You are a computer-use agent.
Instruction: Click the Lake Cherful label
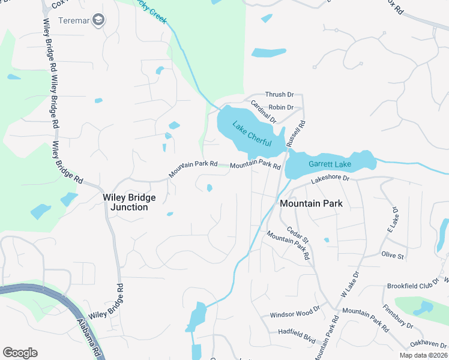click(x=252, y=135)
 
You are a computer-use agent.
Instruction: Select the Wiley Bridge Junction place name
click(x=129, y=202)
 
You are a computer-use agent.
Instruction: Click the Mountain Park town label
click(x=312, y=203)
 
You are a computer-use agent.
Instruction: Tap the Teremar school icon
click(x=99, y=20)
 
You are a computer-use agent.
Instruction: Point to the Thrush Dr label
click(x=279, y=95)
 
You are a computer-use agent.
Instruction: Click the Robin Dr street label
click(x=281, y=107)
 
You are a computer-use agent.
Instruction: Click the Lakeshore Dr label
click(x=330, y=179)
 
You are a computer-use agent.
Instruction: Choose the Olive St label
click(x=393, y=255)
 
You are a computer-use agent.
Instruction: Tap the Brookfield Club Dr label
click(x=414, y=286)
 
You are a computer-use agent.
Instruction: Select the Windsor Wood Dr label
click(x=295, y=314)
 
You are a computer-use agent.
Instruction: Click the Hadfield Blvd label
click(x=297, y=332)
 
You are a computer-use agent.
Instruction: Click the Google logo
click(x=20, y=353)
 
